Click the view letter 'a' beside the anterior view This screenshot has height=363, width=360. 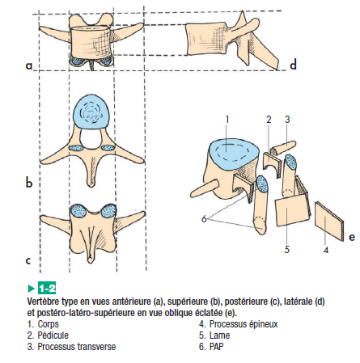[29, 65]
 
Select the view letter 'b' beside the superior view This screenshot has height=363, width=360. [29, 183]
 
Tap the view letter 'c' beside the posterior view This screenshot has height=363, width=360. [28, 260]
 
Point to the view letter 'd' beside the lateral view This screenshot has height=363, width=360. [294, 65]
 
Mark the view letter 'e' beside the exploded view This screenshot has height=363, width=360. [352, 237]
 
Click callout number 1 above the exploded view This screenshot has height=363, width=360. [227, 120]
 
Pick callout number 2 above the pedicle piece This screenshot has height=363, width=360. [269, 120]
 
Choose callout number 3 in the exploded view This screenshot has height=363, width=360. [287, 120]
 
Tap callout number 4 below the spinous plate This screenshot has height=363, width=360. [326, 250]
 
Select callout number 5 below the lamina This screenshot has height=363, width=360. [287, 249]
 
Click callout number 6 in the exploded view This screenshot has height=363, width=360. [204, 219]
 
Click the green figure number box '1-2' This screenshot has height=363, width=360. [47, 289]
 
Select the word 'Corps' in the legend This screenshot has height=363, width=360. [48, 324]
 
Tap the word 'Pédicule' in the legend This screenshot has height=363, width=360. [53, 336]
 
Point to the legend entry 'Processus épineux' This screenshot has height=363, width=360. [244, 324]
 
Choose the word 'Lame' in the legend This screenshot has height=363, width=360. [219, 336]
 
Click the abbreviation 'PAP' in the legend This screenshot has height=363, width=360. [216, 347]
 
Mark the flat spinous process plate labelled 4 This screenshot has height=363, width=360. [329, 221]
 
